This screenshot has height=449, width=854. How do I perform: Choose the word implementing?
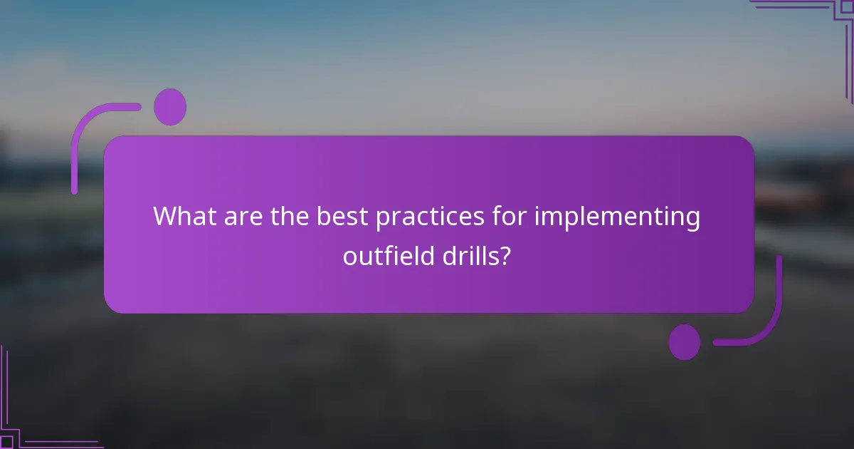click(618, 217)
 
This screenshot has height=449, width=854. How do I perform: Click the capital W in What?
click(167, 216)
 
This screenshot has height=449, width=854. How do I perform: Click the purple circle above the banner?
click(170, 107)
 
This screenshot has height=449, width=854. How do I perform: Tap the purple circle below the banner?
click(684, 342)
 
